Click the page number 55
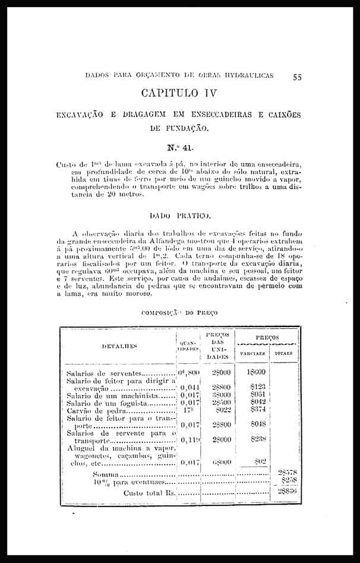coord(298,77)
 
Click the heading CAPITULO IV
coord(179,94)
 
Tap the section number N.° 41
coord(179,143)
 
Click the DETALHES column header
coord(120,345)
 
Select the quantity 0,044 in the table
coord(189,386)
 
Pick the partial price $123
coord(258,386)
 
